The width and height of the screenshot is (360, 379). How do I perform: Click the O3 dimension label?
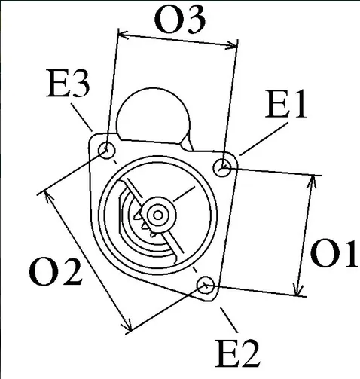(180, 20)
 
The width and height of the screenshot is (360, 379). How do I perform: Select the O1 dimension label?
(334, 254)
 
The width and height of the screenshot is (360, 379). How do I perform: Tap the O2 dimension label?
(56, 272)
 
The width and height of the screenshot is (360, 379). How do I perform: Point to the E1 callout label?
(285, 104)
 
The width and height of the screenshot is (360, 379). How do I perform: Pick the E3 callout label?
(68, 83)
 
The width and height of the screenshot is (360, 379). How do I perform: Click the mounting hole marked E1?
(222, 167)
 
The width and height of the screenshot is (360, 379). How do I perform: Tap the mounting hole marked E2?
(206, 286)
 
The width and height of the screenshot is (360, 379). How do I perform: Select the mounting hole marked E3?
(107, 151)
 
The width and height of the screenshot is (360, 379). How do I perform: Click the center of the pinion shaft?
(157, 215)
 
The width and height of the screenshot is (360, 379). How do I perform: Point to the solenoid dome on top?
(154, 115)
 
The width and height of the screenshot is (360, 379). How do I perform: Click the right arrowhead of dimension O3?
(231, 46)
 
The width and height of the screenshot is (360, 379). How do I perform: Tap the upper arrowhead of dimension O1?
(312, 182)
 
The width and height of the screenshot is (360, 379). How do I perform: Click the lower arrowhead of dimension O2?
(127, 325)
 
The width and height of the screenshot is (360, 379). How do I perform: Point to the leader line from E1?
(264, 139)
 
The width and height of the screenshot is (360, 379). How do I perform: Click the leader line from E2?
(229, 320)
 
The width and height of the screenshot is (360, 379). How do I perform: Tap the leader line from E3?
(82, 118)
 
